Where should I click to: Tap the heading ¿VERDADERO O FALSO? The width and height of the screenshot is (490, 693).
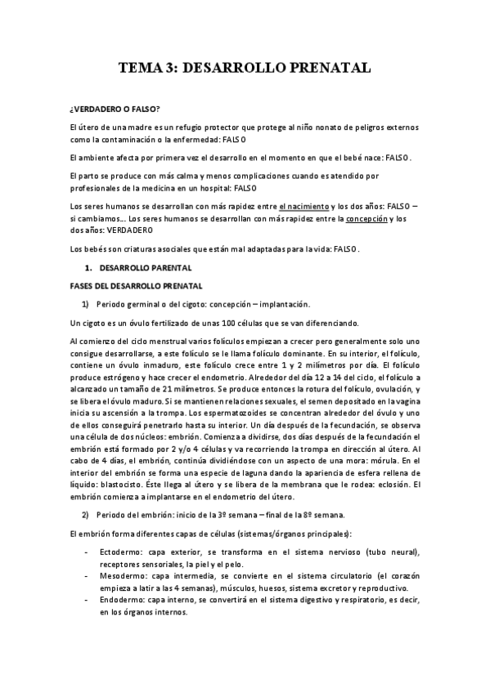coord(115,109)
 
